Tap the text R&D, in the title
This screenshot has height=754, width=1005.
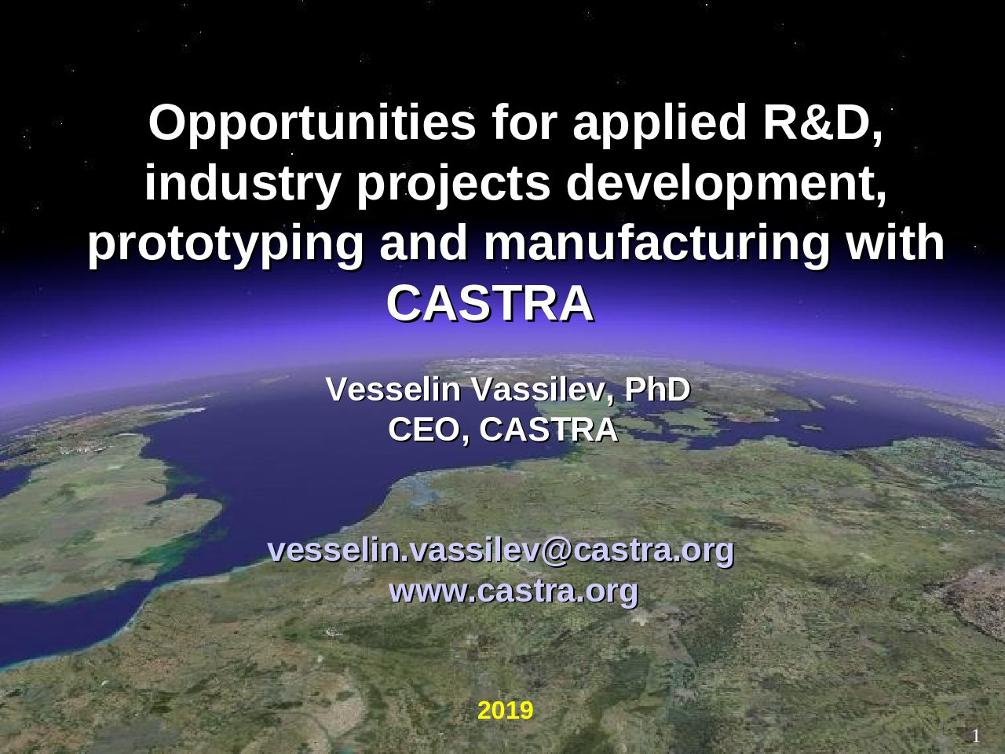point(822,123)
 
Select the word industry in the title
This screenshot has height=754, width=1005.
point(242,185)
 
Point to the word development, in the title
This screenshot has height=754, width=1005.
point(726,185)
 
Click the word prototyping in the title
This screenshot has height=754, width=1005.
point(225,245)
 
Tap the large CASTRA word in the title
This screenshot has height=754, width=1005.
point(491,303)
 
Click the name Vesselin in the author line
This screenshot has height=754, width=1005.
point(393,390)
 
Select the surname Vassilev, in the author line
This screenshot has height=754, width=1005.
point(543,390)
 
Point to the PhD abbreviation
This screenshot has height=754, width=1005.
point(657,390)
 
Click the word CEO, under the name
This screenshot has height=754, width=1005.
point(429,430)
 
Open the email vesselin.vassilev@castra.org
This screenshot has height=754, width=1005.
point(501,551)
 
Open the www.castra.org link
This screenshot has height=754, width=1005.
point(513,591)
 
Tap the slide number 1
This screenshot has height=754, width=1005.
point(976,736)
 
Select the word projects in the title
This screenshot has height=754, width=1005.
point(453,185)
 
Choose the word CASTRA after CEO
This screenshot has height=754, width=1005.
point(549,430)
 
